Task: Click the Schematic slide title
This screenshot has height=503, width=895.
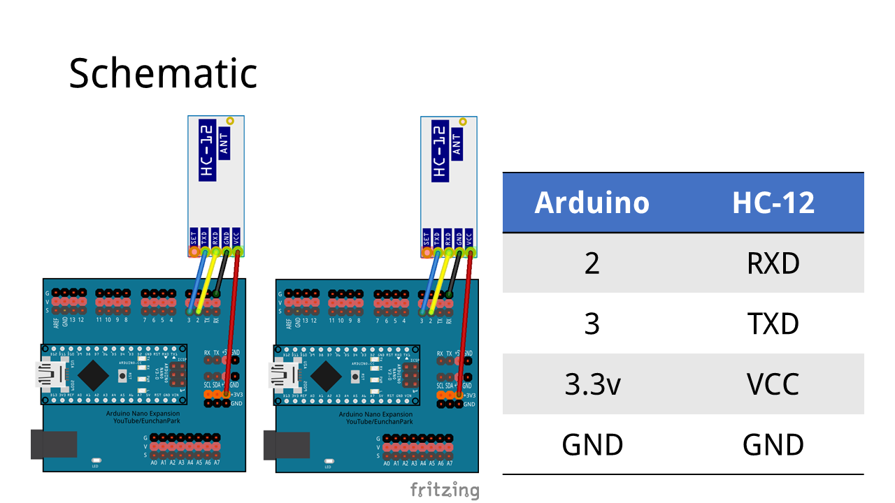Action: (163, 73)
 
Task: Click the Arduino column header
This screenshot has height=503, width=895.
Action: (592, 203)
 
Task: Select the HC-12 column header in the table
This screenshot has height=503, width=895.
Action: (773, 203)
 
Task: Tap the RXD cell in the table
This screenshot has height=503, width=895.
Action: (773, 263)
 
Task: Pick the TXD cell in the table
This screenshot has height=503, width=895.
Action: (773, 324)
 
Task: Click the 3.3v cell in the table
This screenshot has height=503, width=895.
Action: (592, 384)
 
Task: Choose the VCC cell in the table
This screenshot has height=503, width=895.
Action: (773, 384)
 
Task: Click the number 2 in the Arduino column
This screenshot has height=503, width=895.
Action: (592, 263)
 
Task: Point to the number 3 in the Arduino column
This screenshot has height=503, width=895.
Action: (592, 324)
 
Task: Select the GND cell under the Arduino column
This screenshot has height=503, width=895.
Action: (592, 444)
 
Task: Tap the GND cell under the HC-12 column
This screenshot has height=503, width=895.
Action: (773, 444)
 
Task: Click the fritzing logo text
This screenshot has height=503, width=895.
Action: (444, 489)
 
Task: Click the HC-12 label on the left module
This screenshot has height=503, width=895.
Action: (207, 152)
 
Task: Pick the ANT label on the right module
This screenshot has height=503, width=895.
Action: (457, 143)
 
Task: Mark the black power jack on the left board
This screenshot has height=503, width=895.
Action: (53, 445)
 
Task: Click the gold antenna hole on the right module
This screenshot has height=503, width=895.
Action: (461, 122)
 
